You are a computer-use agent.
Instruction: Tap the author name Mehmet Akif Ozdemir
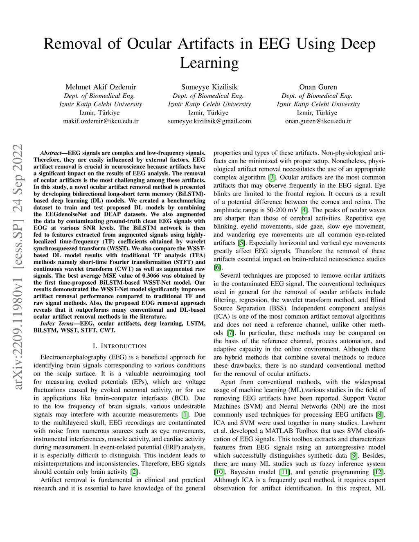(x=101, y=87)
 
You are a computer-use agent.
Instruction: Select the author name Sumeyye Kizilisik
(x=209, y=87)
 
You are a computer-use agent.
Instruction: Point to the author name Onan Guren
(x=318, y=87)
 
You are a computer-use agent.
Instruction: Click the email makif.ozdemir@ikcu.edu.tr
(x=101, y=121)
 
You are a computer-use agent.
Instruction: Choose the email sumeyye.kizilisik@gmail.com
(x=209, y=121)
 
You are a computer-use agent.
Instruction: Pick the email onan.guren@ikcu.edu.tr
(x=318, y=121)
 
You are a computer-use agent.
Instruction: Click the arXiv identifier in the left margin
(x=18, y=266)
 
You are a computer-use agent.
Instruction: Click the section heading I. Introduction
(x=119, y=346)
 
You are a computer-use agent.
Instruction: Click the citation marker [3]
(x=272, y=178)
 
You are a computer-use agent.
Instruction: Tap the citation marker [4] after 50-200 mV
(x=304, y=210)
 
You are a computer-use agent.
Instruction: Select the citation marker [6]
(x=218, y=268)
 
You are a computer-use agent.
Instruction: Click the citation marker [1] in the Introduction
(x=185, y=414)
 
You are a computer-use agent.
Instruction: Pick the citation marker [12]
(x=379, y=472)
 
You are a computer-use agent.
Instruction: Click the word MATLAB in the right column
(x=279, y=431)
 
